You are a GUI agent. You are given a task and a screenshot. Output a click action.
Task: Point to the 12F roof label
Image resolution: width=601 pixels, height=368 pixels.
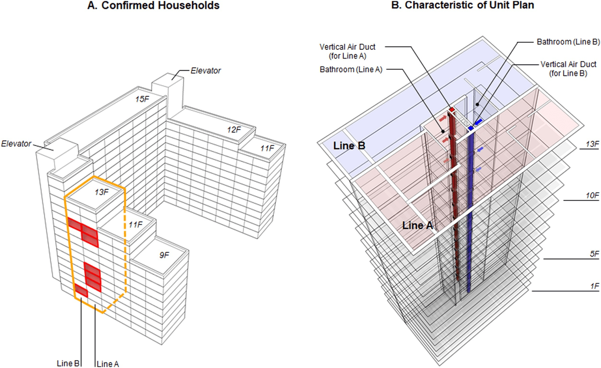(x=234, y=129)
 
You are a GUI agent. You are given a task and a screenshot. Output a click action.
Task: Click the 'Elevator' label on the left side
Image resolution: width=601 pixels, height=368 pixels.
(x=17, y=144)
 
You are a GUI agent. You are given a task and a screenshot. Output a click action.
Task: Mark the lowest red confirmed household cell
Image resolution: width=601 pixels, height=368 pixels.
(x=82, y=291)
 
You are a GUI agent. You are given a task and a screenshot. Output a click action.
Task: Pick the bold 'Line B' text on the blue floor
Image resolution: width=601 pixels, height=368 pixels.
(x=349, y=146)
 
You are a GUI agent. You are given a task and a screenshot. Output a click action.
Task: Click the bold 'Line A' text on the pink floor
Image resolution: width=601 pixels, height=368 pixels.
(x=418, y=226)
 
